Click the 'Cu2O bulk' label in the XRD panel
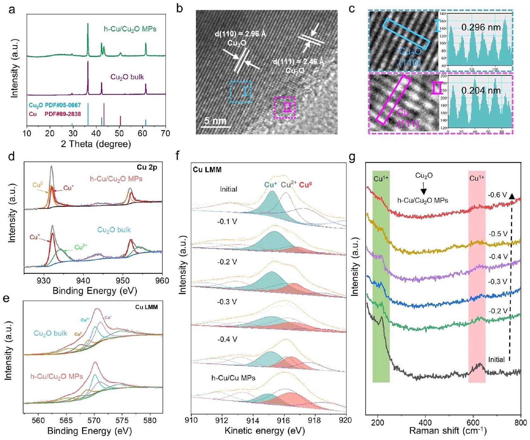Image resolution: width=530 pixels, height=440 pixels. tap(127, 77)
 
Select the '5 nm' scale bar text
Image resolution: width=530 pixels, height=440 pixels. tap(215, 121)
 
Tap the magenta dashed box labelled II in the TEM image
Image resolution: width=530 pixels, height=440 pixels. tap(284, 108)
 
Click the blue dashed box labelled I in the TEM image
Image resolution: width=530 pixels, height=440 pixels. tap(241, 92)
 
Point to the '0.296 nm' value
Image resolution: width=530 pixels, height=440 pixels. tap(481, 28)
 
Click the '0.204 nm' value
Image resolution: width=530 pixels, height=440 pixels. tap(481, 91)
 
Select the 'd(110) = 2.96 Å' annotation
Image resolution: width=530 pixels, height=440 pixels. tap(240, 34)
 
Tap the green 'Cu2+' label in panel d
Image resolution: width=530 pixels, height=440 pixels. tap(81, 247)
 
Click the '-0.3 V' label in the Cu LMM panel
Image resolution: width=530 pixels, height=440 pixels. tap(227, 302)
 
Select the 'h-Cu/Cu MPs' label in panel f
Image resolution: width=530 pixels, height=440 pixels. tap(233, 378)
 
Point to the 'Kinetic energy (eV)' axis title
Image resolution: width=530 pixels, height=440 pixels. tap(265, 431)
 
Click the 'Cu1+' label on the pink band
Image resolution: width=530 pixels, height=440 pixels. tap(477, 179)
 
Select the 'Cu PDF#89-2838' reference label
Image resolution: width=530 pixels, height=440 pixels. tap(55, 114)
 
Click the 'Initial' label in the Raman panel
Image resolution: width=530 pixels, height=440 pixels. tap(496, 360)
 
